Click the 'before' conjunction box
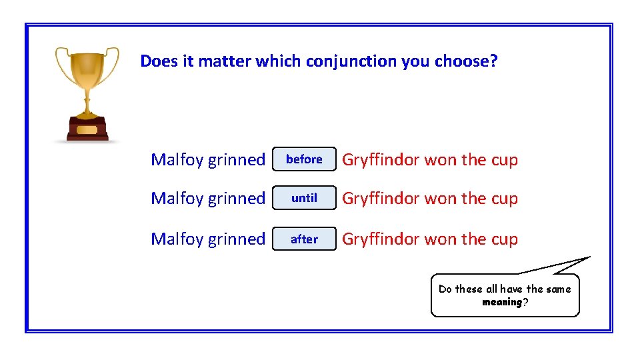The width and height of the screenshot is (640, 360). click(304, 159)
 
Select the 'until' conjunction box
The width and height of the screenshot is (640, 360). click(304, 198)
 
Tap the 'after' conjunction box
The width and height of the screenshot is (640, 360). click(304, 239)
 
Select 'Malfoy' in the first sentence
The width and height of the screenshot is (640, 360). click(177, 160)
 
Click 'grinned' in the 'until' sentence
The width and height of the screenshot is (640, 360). click(237, 199)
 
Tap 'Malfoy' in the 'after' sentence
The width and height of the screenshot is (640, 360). click(177, 239)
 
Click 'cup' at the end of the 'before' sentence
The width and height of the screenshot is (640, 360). click(504, 160)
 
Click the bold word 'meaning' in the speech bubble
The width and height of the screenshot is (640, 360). click(502, 302)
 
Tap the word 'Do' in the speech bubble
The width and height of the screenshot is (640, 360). click(445, 289)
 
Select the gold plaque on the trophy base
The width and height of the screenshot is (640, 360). click(87, 129)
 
